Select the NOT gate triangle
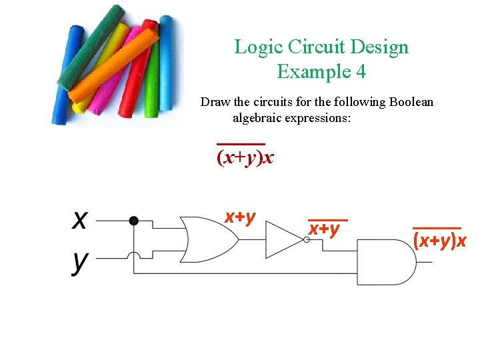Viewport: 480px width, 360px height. pyautogui.click(x=283, y=239)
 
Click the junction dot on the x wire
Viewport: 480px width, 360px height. pyautogui.click(x=134, y=221)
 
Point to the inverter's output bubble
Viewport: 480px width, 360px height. pyautogui.click(x=307, y=240)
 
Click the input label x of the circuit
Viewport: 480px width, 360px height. pyautogui.click(x=80, y=220)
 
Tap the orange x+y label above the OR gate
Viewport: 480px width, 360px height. pyautogui.click(x=240, y=217)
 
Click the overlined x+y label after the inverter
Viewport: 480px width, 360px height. pyautogui.click(x=325, y=228)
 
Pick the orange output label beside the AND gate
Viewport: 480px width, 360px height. pyautogui.click(x=440, y=240)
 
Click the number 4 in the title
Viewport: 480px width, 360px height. pyautogui.click(x=361, y=71)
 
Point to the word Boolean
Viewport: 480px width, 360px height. pyautogui.click(x=409, y=102)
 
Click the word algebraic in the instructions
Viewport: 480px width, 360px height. pyautogui.click(x=260, y=118)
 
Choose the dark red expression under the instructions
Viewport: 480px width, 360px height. pyautogui.click(x=245, y=158)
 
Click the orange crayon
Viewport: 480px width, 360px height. pyautogui.click(x=113, y=67)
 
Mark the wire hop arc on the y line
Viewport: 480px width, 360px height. pyautogui.click(x=134, y=255)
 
